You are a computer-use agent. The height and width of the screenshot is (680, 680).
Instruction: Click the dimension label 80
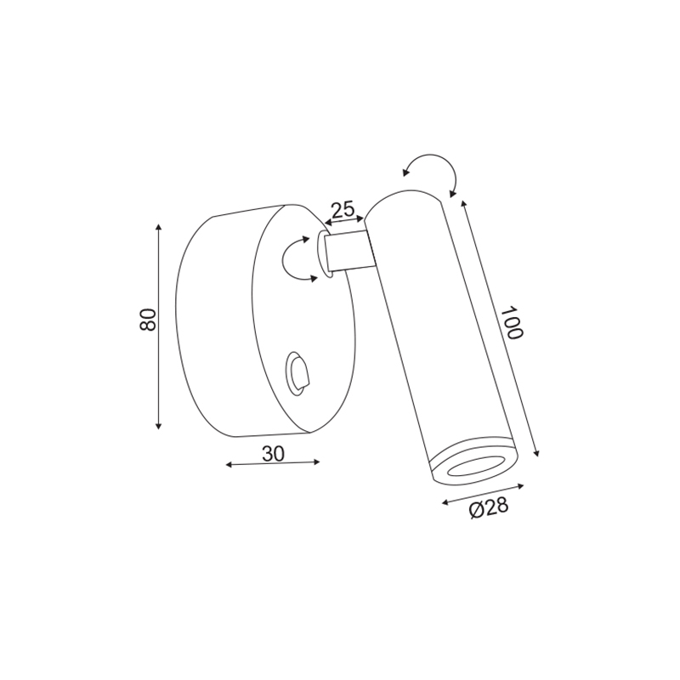click(148, 320)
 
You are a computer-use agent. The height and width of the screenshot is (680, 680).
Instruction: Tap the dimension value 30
click(273, 454)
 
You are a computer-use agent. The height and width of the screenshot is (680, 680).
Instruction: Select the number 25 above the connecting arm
click(343, 210)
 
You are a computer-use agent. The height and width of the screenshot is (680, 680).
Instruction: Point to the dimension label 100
click(512, 322)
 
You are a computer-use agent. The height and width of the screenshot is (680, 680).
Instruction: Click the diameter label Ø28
click(489, 507)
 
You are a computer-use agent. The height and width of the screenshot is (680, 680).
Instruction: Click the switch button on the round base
click(297, 374)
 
